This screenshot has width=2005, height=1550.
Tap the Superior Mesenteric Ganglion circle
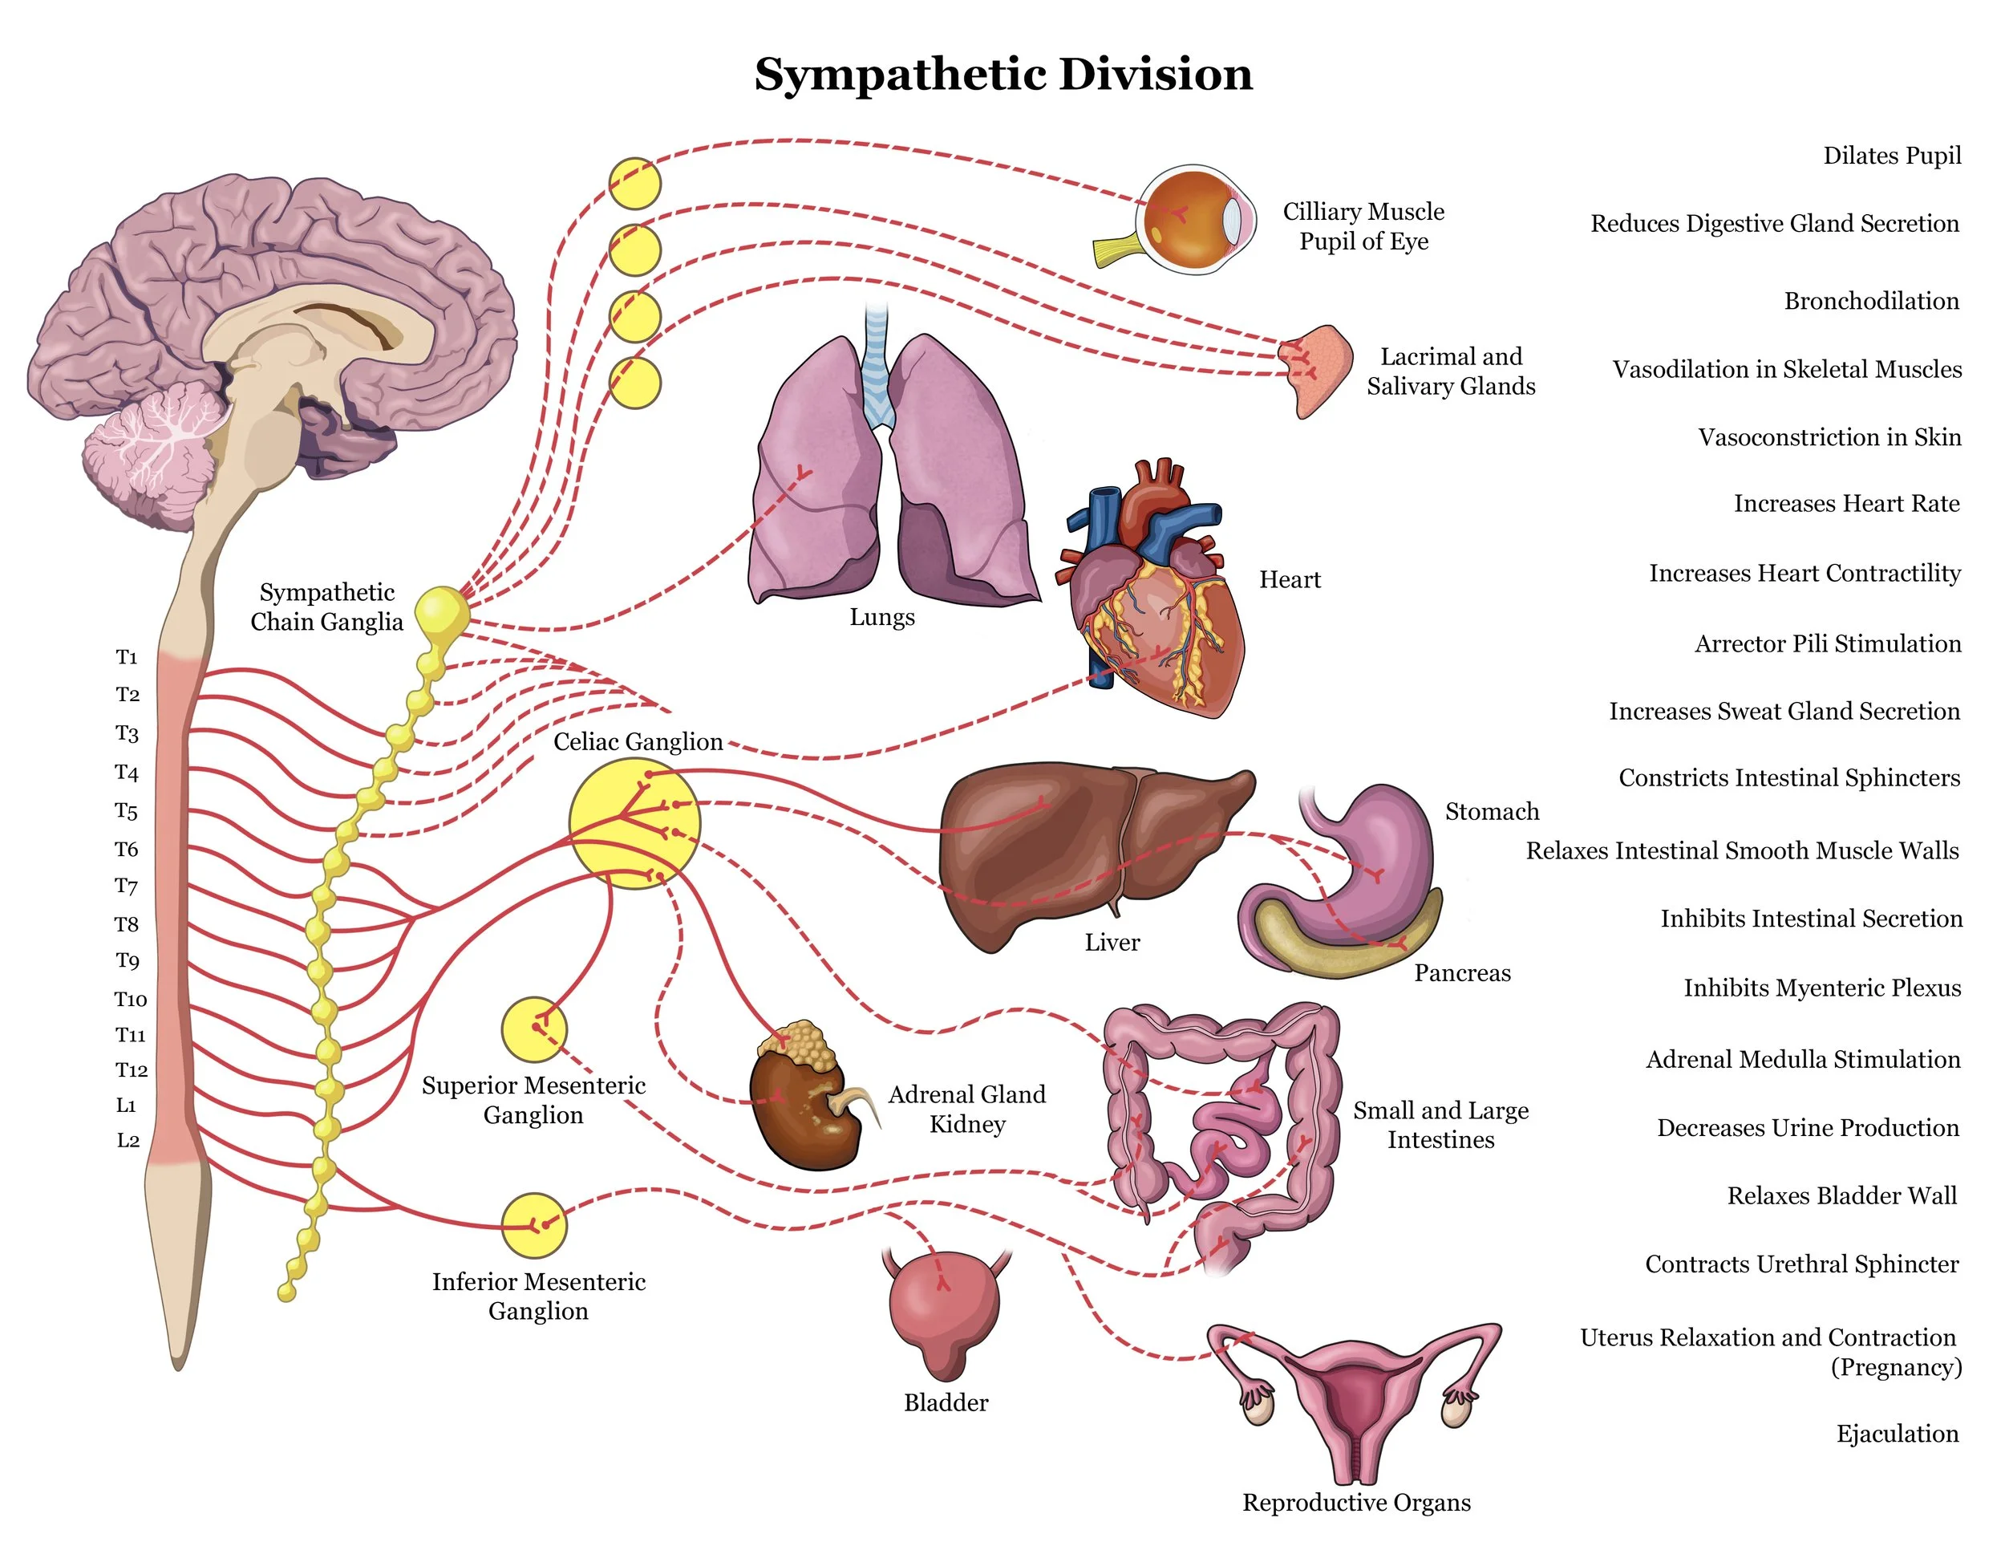click(533, 1029)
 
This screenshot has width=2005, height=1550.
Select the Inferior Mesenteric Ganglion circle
click(533, 1225)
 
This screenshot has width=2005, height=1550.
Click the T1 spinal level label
click(127, 657)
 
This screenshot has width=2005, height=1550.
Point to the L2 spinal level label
click(128, 1141)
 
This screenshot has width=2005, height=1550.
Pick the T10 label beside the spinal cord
click(131, 999)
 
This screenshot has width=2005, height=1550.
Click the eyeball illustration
click(1193, 221)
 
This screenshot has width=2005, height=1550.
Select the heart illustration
click(1156, 597)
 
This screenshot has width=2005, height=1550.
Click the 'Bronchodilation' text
click(1871, 301)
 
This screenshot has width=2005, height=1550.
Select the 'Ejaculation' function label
click(1897, 1434)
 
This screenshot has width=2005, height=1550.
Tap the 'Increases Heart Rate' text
click(1846, 503)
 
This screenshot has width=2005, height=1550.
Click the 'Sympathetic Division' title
click(1003, 74)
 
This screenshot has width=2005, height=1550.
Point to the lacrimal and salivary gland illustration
click(1318, 367)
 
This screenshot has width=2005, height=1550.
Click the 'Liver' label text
click(1112, 942)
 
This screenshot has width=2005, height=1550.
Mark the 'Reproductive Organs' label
click(1356, 1502)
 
